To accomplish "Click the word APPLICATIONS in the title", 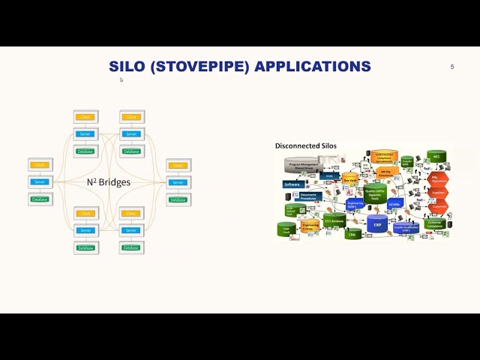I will point(313,66).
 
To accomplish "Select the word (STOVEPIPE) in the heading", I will point(200,66).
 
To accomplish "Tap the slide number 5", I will point(452,67).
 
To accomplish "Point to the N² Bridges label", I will point(108,182).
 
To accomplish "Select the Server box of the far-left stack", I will point(40,182).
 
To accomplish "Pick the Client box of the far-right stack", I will point(178,165).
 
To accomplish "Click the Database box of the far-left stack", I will point(40,199).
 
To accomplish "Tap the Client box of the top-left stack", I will point(85,117).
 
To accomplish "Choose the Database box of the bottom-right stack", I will point(131,247).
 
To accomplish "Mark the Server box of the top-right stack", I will point(131,134).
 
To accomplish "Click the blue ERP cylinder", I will point(378,224).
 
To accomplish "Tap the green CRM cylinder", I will point(351,234).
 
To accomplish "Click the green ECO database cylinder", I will point(334,220).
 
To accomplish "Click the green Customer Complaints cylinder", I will point(436,223).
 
